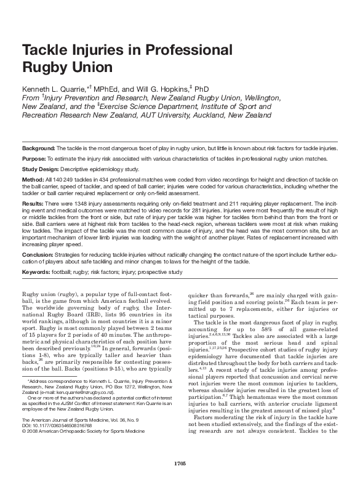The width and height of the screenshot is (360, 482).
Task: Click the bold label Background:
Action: (39, 148)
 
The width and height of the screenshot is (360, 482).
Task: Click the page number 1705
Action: (180, 462)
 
